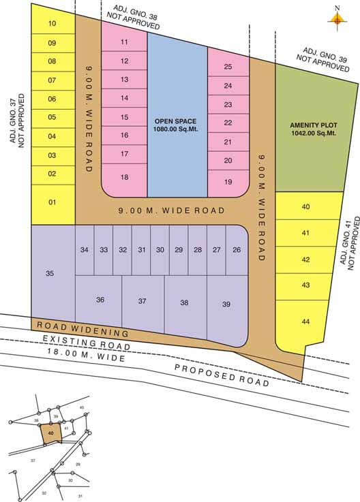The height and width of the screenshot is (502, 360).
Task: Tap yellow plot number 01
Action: pos(52,202)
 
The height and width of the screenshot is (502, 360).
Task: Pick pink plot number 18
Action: pos(124,177)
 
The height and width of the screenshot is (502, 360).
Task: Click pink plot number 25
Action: pos(228,67)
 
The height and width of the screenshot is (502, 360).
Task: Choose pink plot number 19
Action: pos(228,182)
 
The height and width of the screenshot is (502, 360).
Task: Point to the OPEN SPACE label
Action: pos(175,125)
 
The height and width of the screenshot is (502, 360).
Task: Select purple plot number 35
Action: pos(50,273)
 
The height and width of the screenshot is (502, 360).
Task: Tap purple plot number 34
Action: pos(85,250)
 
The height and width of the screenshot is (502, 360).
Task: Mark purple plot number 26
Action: pos(237,250)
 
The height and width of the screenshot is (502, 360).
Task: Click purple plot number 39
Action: pos(226,304)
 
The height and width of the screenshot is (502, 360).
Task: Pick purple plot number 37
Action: pos(142,300)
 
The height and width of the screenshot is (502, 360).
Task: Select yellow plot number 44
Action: pos(305,321)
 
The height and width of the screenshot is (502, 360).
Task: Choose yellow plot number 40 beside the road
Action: pos(305,206)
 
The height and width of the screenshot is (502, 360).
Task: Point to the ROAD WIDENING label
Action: pos(83,329)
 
